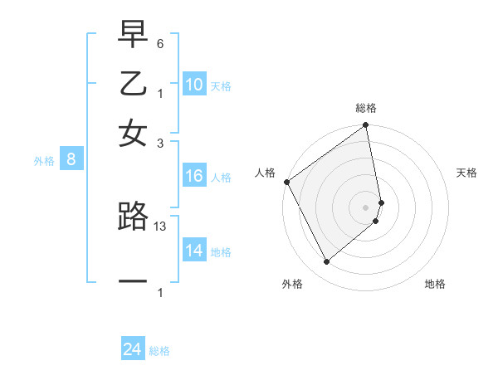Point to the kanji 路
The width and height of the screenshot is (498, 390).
tap(133, 217)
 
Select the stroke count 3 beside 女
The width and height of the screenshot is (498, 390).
tap(160, 143)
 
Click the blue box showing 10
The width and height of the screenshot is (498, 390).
tap(194, 85)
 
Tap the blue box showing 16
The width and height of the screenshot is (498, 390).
tap(194, 176)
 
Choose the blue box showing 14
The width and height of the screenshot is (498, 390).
tap(194, 250)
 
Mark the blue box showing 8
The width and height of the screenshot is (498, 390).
tap(71, 160)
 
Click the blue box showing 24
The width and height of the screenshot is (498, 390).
tap(133, 350)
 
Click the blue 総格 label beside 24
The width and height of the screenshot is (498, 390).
tap(159, 351)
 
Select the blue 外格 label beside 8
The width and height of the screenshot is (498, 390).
tap(44, 161)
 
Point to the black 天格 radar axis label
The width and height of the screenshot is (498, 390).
tap(466, 173)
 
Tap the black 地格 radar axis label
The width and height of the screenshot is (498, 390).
tap(435, 284)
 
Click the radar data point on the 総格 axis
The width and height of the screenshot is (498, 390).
tap(365, 126)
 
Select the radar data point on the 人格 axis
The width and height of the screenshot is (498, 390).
tap(286, 182)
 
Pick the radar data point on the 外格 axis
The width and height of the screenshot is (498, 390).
tap(326, 262)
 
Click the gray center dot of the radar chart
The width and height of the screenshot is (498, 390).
tap(365, 207)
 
